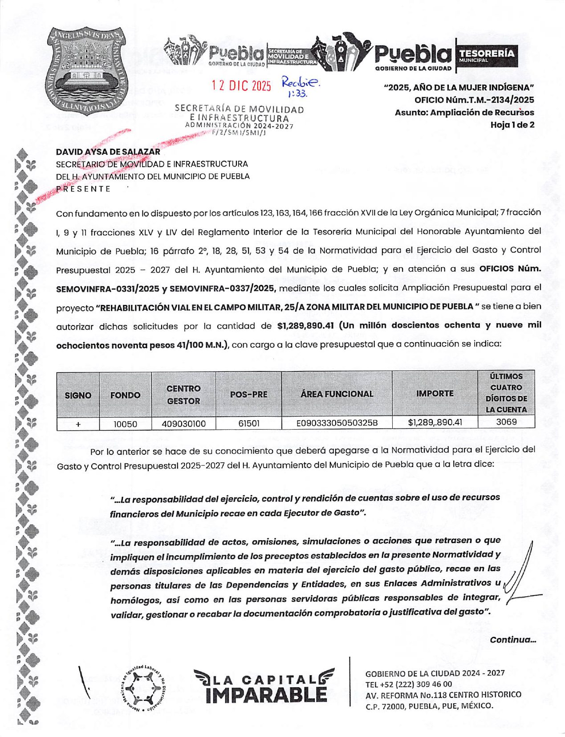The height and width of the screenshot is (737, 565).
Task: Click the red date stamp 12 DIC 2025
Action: [x=241, y=86]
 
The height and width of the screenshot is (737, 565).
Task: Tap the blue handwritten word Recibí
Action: [x=300, y=82]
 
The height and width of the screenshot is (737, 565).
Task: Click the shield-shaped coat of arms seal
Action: [x=87, y=70]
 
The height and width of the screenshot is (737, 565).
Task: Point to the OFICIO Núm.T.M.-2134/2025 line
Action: [x=474, y=100]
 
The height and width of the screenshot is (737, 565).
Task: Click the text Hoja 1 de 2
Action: [x=512, y=125]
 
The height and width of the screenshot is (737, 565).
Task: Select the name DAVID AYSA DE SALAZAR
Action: [x=108, y=152]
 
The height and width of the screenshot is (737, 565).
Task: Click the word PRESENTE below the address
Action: [x=83, y=189]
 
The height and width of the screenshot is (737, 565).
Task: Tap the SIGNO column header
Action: [x=78, y=395]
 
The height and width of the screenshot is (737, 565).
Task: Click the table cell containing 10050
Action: [x=125, y=424]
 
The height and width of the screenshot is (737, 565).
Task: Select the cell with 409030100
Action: [x=183, y=424]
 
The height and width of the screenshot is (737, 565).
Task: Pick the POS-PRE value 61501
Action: [x=248, y=423]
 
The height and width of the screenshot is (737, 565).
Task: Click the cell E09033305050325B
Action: [x=337, y=423]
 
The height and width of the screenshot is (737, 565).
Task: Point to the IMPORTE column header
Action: [x=435, y=394]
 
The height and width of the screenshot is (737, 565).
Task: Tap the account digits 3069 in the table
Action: [x=506, y=422]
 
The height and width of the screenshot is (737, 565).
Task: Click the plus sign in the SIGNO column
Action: [x=78, y=424]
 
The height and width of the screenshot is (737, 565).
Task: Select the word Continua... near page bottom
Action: [x=512, y=640]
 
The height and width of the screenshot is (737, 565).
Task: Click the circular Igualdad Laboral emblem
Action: [x=143, y=688]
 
